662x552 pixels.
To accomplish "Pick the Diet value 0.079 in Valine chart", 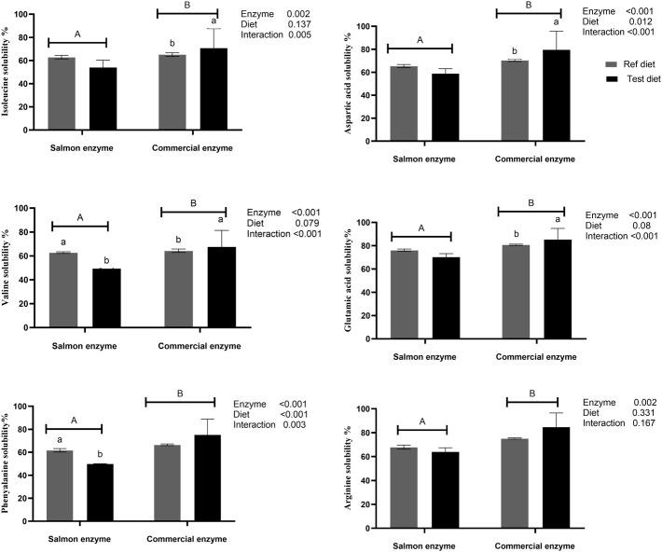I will click(304, 223).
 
